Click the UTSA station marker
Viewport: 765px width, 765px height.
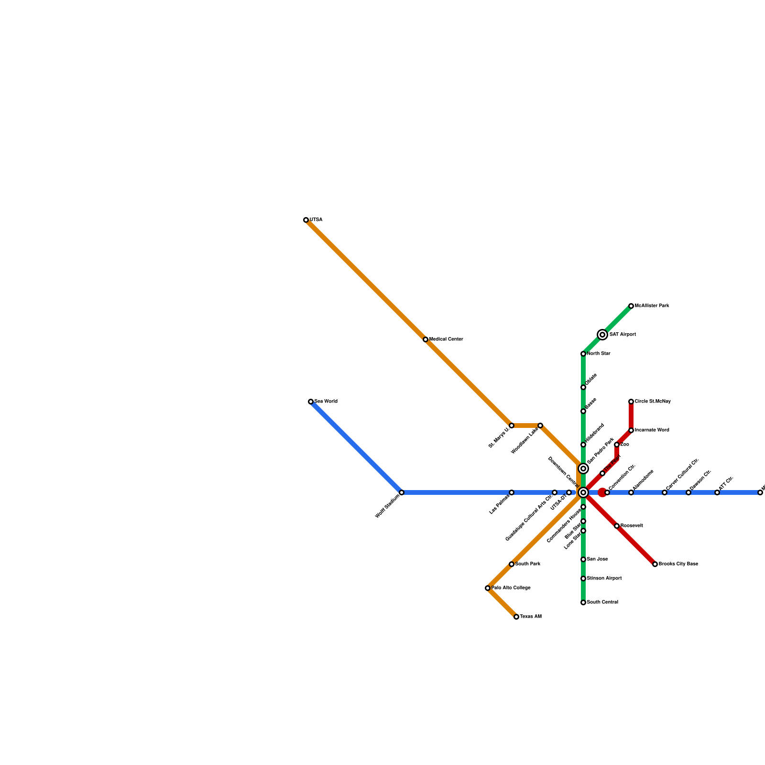306,220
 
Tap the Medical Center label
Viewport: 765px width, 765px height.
446,339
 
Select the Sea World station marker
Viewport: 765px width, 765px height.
311,402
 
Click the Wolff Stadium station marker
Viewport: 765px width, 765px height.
402,492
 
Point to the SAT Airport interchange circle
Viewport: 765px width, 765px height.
602,335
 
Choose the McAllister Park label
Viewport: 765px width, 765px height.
652,306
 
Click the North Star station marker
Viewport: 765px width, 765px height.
583,354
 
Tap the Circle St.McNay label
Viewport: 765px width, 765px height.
653,402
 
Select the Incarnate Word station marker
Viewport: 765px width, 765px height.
631,430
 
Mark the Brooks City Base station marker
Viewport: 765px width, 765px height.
655,564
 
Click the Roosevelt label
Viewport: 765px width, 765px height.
632,526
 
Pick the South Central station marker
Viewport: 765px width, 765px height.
583,602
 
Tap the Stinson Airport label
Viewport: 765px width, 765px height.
604,579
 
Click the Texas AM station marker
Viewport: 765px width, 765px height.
516,617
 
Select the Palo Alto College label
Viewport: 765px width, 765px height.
511,588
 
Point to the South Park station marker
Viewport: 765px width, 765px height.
512,564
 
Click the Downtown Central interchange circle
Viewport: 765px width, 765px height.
583,492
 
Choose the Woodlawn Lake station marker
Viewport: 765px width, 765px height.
540,426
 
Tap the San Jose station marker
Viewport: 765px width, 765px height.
583,559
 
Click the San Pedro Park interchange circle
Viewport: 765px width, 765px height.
583,469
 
